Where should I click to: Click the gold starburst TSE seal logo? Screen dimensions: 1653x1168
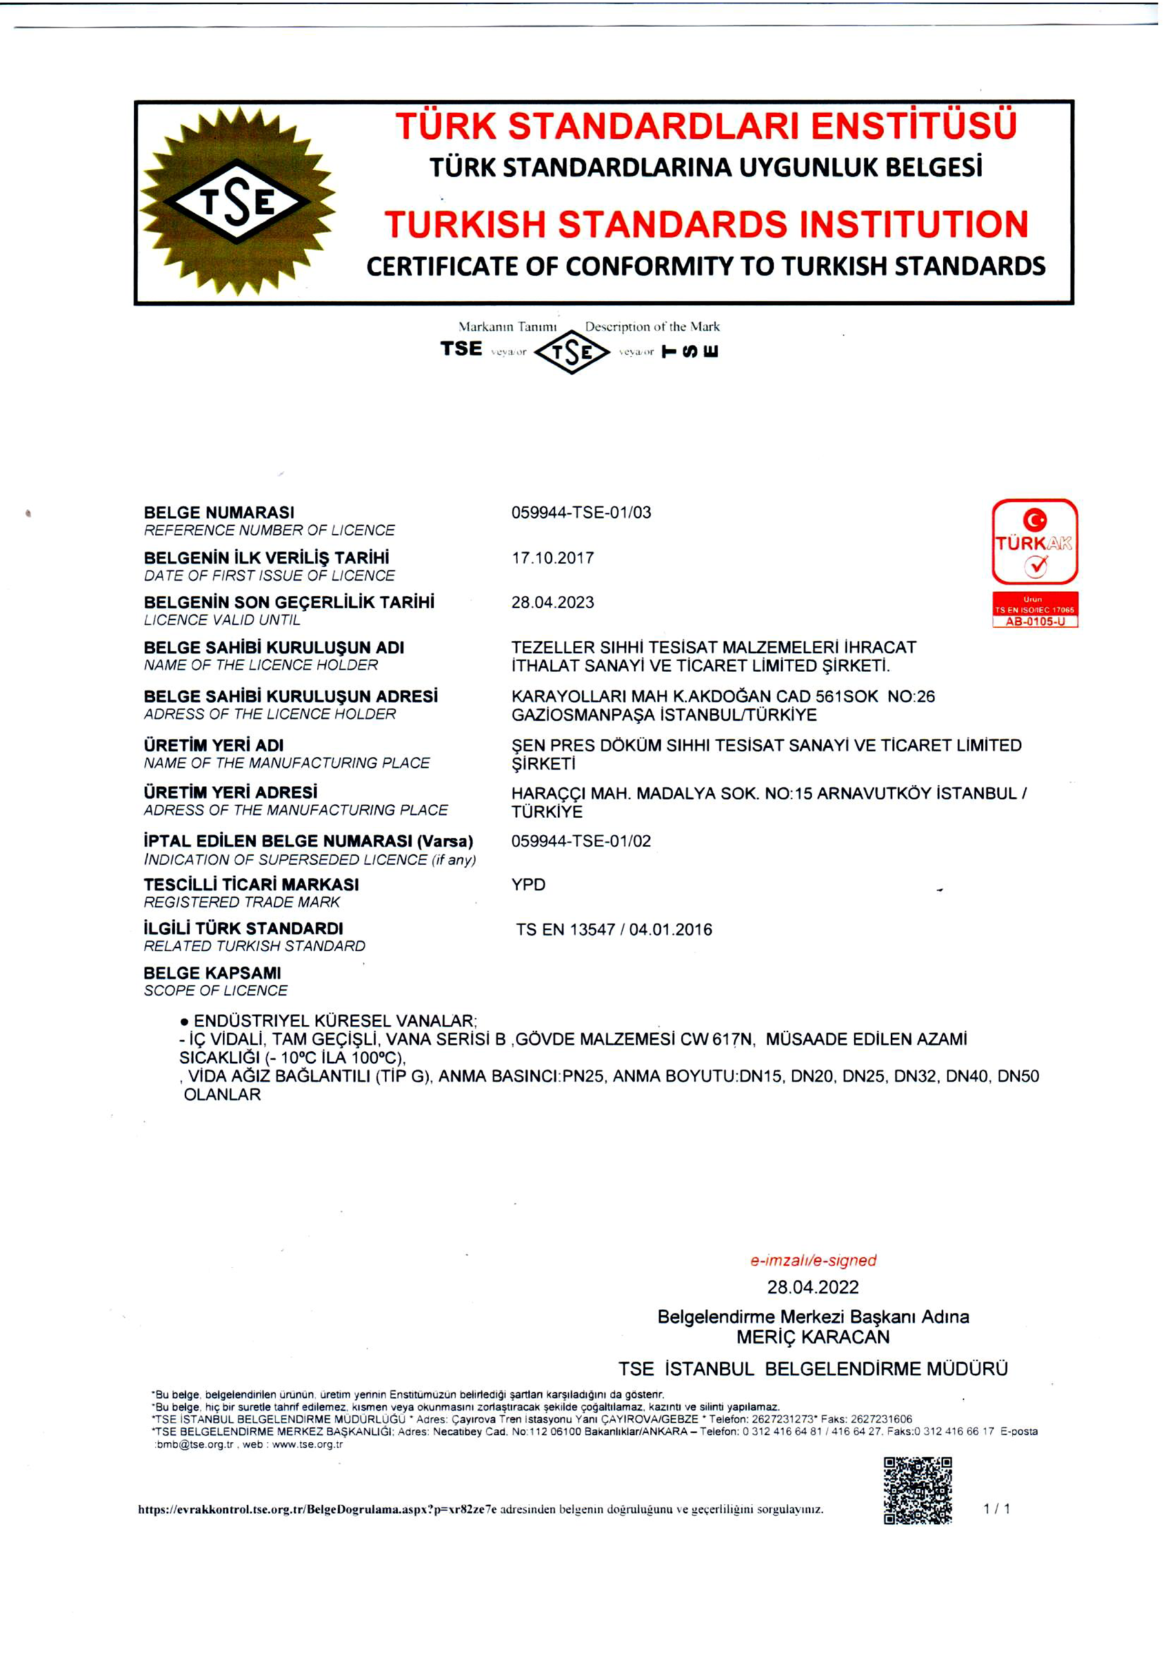point(237,201)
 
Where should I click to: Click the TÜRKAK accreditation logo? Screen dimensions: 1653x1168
point(1034,542)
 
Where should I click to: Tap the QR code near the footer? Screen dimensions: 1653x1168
point(918,1490)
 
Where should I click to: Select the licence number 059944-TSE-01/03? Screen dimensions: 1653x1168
point(581,513)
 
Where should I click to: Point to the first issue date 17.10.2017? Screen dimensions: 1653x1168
point(552,558)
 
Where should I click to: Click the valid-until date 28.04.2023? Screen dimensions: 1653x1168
point(552,602)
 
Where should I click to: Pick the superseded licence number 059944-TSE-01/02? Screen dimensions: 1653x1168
point(581,841)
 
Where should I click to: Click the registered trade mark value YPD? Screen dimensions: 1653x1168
point(529,885)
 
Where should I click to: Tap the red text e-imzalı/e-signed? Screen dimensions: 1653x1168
point(813,1260)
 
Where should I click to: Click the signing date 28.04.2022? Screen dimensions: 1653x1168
point(812,1288)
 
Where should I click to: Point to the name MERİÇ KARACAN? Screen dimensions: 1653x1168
point(812,1337)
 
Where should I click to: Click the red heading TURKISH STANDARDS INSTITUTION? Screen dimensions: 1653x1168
point(706,224)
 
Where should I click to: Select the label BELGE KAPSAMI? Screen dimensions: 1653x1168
point(212,972)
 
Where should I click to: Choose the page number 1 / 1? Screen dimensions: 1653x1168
point(997,1509)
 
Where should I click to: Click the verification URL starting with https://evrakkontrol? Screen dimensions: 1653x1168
point(317,1510)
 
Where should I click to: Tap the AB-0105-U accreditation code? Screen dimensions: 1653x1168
point(1034,621)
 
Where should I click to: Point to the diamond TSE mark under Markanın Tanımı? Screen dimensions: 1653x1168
point(572,352)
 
